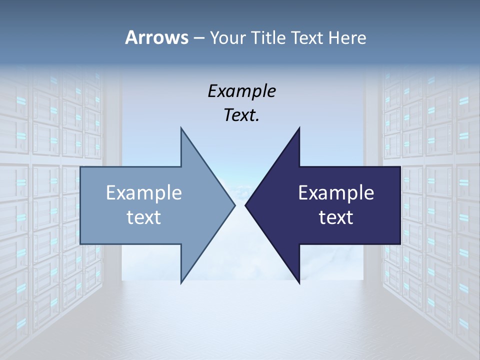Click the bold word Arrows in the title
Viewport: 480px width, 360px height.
click(156, 37)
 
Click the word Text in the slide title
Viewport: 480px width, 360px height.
click(307, 38)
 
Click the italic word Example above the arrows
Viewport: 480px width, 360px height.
click(241, 91)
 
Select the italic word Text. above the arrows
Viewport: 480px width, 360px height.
click(241, 115)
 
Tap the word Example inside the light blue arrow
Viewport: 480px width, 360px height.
click(144, 192)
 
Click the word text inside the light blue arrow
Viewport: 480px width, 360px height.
click(144, 217)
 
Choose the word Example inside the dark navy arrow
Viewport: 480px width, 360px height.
click(336, 192)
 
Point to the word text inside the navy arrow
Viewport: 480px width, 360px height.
click(336, 217)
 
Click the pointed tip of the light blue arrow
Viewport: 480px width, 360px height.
click(234, 205)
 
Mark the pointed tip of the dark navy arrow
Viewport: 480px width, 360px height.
click(245, 205)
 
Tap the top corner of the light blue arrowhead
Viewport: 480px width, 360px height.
click(181, 128)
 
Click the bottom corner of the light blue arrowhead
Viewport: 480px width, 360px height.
click(181, 282)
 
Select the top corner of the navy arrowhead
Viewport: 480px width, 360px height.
click(299, 128)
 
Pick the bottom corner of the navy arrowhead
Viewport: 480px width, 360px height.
click(299, 282)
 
